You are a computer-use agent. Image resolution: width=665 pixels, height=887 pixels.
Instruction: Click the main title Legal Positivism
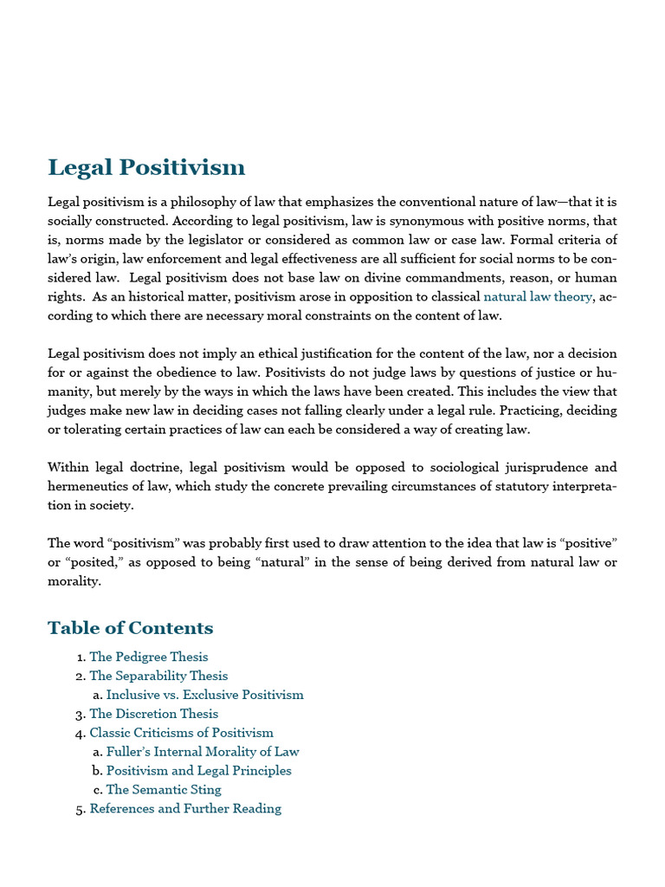[146, 167]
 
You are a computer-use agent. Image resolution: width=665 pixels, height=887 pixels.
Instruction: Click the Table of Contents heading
[130, 628]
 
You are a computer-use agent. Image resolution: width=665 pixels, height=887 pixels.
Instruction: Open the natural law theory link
[538, 296]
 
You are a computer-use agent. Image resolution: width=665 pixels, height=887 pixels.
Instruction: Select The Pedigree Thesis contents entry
[148, 657]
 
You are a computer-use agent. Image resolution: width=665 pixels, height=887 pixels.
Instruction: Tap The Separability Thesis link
[158, 676]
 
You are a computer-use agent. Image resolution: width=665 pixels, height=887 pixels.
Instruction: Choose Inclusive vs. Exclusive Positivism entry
[204, 695]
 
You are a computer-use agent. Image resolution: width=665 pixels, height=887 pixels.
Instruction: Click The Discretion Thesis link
[153, 714]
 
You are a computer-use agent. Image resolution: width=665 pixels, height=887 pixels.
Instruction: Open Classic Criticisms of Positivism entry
[181, 733]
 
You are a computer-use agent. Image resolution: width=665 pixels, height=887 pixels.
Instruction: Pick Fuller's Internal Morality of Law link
[202, 752]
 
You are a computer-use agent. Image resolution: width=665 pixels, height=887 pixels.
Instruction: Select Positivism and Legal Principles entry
[198, 771]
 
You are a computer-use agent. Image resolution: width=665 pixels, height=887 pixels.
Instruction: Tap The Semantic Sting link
[164, 790]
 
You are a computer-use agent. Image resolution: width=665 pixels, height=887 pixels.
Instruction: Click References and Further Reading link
[185, 809]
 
